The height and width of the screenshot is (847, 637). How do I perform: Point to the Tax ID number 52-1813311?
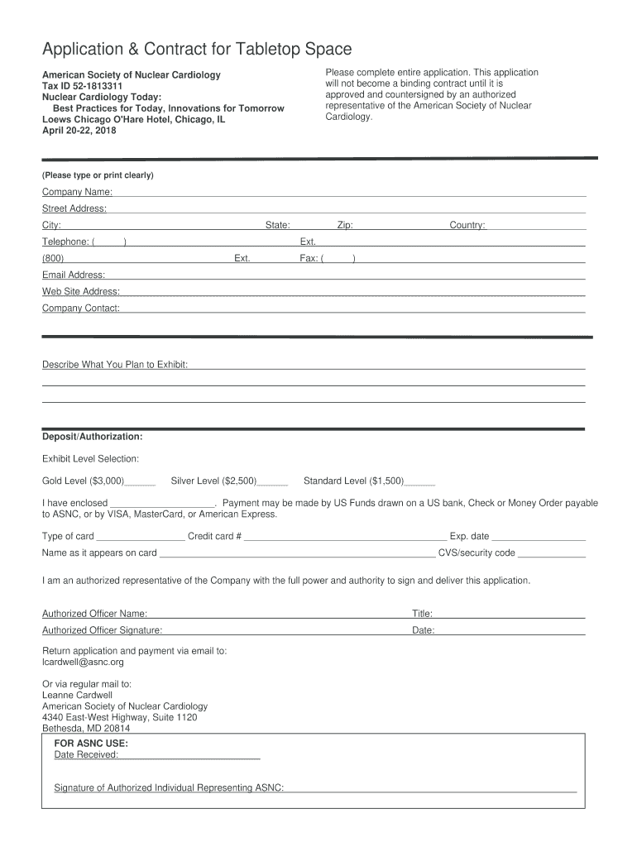click(95, 86)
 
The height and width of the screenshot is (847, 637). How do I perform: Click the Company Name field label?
click(78, 192)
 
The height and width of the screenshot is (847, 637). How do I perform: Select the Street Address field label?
click(74, 208)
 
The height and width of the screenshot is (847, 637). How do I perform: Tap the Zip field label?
click(346, 225)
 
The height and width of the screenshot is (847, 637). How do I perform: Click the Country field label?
click(467, 225)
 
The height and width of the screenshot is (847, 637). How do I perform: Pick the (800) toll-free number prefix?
click(53, 258)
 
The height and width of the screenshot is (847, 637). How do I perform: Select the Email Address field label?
click(74, 275)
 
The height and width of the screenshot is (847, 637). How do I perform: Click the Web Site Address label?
click(81, 291)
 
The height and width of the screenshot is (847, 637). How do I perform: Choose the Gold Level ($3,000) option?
click(84, 481)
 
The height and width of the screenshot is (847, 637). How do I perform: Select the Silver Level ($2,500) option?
click(214, 481)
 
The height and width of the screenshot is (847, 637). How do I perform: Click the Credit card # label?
click(214, 536)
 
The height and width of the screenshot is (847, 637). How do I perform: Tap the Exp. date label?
click(469, 536)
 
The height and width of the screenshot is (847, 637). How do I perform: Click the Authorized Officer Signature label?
click(102, 630)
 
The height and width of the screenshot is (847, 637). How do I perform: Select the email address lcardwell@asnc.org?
click(83, 662)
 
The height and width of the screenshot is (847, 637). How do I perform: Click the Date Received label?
click(86, 754)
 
